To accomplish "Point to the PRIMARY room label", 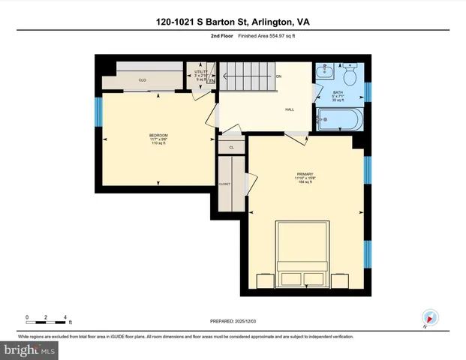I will (305, 174).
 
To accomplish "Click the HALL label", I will (289, 109).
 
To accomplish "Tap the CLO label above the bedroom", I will (143, 79).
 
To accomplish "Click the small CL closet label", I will (231, 147).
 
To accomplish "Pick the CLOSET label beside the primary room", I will (224, 183).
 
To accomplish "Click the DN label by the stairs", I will (278, 76).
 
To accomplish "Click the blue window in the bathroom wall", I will (367, 91).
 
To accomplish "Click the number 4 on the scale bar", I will (66, 317).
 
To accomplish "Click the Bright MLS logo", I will (30, 349).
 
